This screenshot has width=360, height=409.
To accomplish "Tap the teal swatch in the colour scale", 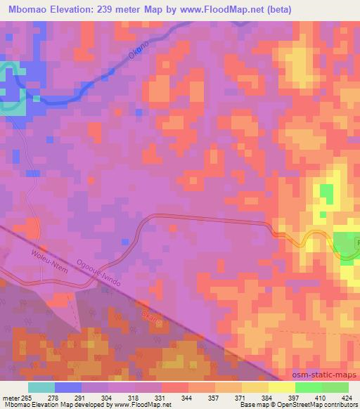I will [41, 387].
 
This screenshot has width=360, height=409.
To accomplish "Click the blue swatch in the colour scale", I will [67, 387].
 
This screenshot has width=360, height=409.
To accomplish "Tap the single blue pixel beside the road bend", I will [124, 240].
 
